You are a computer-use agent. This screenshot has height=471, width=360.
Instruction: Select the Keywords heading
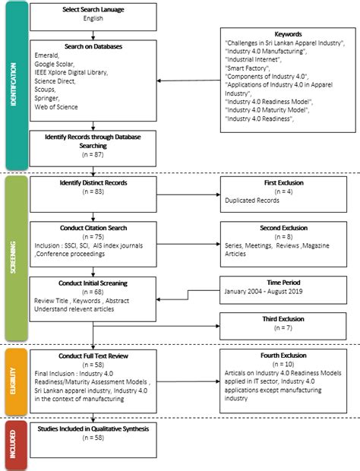click(x=285, y=33)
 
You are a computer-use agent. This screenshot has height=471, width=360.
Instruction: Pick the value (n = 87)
click(x=93, y=153)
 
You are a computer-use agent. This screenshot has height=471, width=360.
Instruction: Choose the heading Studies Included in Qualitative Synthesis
click(x=93, y=429)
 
